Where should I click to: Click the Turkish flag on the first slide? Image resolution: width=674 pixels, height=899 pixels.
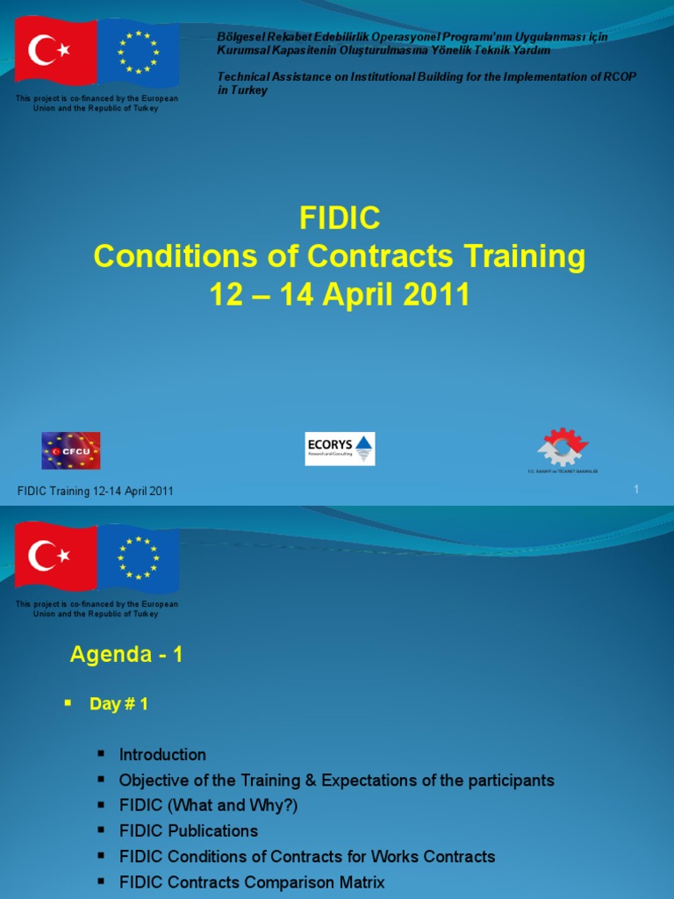(x=55, y=52)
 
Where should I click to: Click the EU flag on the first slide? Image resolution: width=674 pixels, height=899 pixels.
(x=138, y=52)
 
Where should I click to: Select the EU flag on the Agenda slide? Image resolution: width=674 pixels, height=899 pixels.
(x=138, y=557)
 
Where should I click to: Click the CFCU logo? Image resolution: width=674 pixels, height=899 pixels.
(x=71, y=450)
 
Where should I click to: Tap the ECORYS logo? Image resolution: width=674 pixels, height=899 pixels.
(x=340, y=449)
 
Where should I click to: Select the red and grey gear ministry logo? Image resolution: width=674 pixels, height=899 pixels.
(x=563, y=449)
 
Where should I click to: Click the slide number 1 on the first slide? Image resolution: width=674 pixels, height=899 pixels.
(x=636, y=489)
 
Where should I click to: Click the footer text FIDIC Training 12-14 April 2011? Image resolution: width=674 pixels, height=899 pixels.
(x=96, y=492)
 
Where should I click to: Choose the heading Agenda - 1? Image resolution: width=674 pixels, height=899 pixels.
(x=126, y=654)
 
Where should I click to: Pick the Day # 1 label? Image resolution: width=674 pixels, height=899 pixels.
(x=118, y=704)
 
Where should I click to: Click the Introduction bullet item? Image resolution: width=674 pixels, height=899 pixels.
(x=162, y=754)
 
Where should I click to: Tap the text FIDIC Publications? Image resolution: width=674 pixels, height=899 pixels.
(x=189, y=831)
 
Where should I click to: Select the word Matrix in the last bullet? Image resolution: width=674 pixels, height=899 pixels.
(x=360, y=881)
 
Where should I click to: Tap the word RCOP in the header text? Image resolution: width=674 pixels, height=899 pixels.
(x=619, y=77)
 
